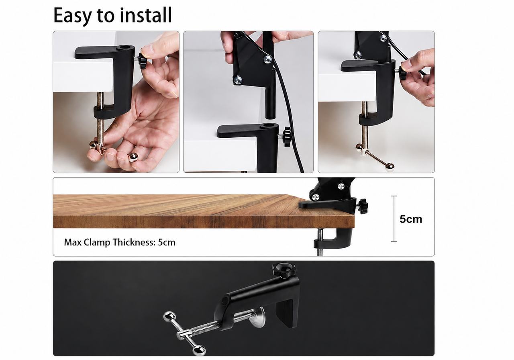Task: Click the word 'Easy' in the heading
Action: tap(73, 16)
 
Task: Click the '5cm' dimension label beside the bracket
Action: tap(411, 219)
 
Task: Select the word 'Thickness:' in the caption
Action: tap(134, 242)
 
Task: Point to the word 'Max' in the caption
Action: tap(73, 242)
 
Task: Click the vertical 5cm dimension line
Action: tap(394, 219)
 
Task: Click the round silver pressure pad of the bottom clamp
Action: tap(257, 317)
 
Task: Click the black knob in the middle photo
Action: tap(287, 136)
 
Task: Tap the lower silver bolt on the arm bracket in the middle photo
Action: tap(238, 80)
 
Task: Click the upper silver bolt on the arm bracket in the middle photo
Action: tap(268, 59)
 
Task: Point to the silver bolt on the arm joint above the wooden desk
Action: tap(316, 197)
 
